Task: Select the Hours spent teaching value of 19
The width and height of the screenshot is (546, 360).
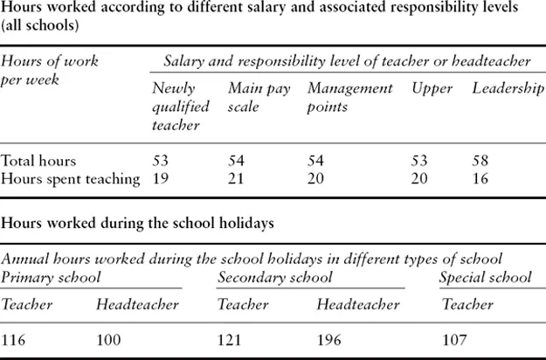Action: (x=161, y=179)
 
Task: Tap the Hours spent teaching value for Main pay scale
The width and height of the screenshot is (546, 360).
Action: (x=237, y=179)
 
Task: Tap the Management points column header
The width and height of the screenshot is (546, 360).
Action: (x=350, y=97)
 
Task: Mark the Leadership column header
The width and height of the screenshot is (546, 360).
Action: (x=508, y=89)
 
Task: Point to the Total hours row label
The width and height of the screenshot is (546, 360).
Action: (x=38, y=162)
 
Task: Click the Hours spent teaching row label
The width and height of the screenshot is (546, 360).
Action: (x=71, y=179)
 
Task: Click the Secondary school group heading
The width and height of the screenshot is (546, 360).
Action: (x=274, y=278)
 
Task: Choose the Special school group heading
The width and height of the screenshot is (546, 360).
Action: (x=485, y=278)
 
